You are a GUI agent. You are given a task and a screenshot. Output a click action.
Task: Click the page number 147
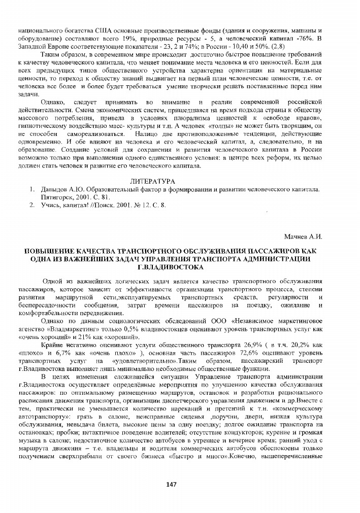171,484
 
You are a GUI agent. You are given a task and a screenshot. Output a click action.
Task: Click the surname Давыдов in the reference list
54,189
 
